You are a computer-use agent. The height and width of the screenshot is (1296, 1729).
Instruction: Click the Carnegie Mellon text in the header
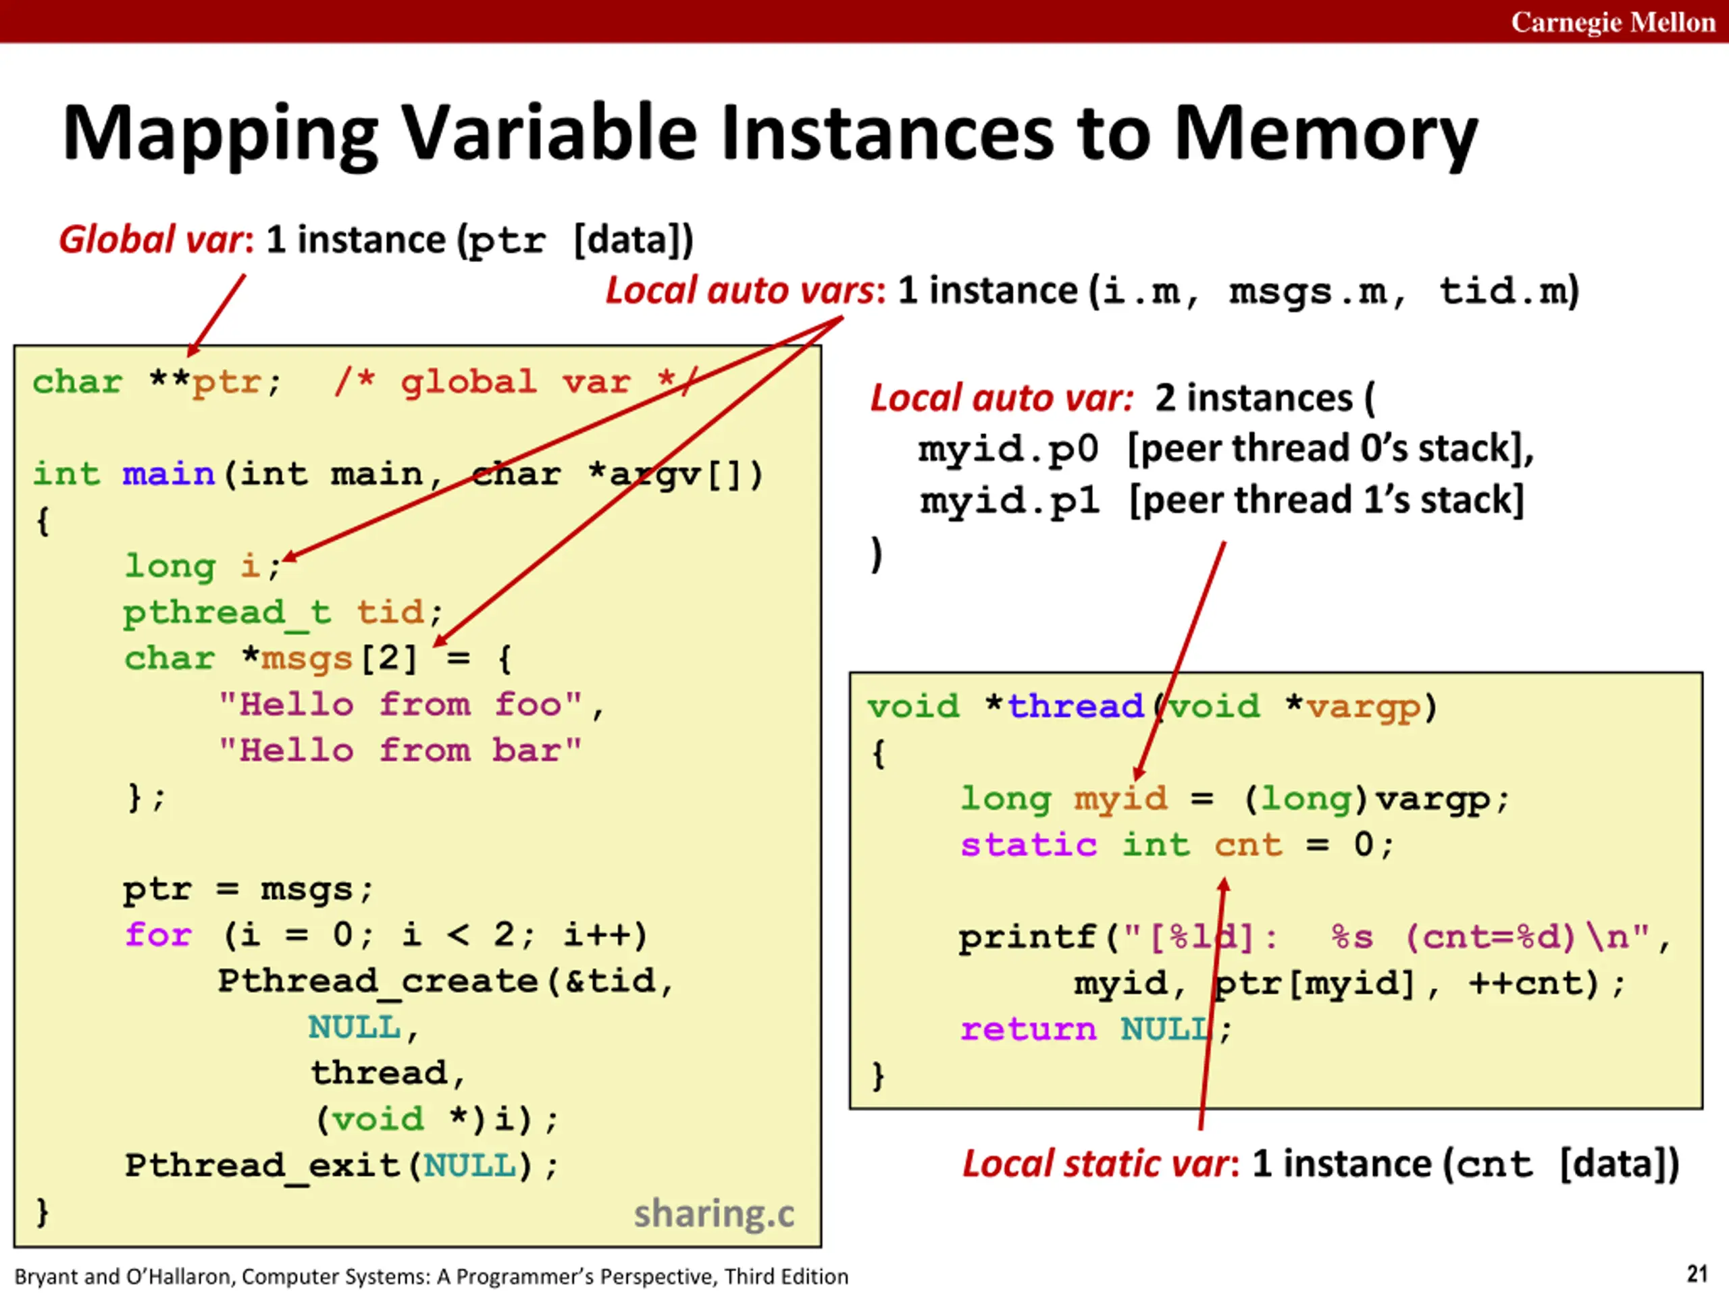1613,22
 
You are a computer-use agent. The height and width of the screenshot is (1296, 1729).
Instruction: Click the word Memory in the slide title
1326,134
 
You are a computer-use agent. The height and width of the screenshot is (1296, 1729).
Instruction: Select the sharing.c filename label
714,1214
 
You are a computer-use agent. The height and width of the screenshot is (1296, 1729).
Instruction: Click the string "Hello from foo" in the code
401,705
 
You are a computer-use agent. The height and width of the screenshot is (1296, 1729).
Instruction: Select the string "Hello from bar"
401,751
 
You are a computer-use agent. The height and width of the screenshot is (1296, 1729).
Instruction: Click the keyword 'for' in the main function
158,934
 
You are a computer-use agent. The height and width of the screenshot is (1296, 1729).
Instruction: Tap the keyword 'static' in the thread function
1029,844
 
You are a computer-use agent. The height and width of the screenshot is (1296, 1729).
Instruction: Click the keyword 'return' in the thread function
1029,1029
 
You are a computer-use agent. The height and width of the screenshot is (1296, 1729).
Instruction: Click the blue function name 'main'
169,474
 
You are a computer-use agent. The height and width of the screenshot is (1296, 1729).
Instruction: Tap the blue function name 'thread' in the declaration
1075,706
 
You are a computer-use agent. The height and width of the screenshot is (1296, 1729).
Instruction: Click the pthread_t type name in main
227,612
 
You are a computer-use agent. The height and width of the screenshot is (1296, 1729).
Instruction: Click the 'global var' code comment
515,382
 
